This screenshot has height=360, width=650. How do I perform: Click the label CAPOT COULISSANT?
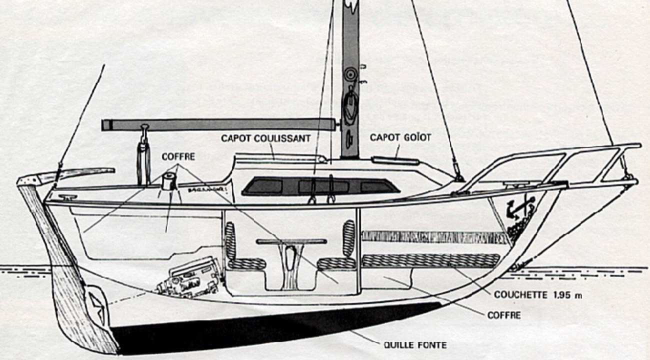click(x=265, y=138)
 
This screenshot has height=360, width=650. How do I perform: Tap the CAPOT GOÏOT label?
click(x=400, y=137)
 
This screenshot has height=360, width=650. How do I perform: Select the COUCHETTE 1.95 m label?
click(x=537, y=295)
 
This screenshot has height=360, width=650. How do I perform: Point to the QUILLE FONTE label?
click(x=414, y=345)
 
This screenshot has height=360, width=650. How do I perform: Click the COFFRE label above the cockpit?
click(x=178, y=157)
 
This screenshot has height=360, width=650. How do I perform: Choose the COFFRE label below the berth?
click(x=503, y=315)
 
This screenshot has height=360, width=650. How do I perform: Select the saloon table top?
click(x=291, y=241)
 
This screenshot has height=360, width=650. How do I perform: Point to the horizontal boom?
click(x=217, y=124)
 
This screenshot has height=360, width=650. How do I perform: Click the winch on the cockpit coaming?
click(x=169, y=181)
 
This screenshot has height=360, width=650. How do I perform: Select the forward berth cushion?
click(x=430, y=260)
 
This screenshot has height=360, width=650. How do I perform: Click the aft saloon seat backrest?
click(x=230, y=240)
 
